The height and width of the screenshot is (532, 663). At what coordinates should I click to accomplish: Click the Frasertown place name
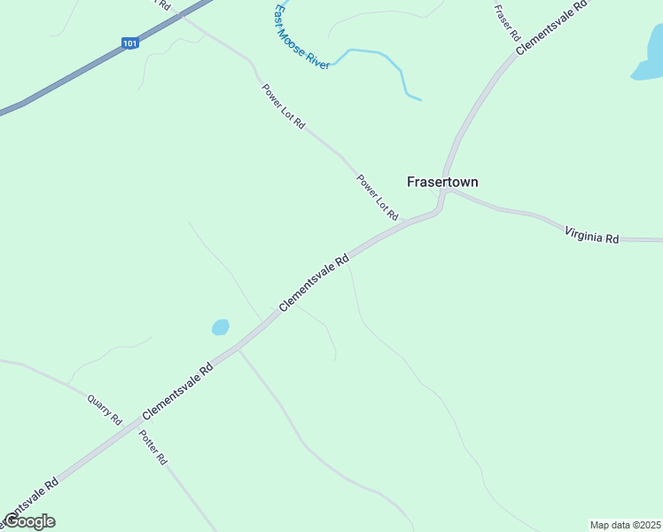[442, 182]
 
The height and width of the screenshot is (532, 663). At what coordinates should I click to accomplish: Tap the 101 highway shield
[130, 43]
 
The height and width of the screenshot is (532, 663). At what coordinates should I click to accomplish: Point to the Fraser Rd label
[507, 21]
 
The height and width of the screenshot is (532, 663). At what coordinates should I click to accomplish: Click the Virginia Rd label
[591, 235]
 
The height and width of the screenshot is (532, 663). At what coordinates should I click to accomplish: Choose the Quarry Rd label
[104, 410]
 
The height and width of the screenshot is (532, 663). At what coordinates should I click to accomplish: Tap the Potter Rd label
[153, 448]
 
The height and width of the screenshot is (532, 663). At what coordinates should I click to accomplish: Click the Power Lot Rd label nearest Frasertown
[378, 197]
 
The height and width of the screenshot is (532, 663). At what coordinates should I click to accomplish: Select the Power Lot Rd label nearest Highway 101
[283, 106]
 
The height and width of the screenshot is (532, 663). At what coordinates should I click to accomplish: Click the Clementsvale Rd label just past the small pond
[315, 284]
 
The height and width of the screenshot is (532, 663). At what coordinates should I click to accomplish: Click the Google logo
[29, 521]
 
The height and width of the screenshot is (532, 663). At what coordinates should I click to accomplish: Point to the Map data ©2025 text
[624, 525]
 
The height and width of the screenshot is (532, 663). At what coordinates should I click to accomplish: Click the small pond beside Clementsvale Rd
[221, 327]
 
